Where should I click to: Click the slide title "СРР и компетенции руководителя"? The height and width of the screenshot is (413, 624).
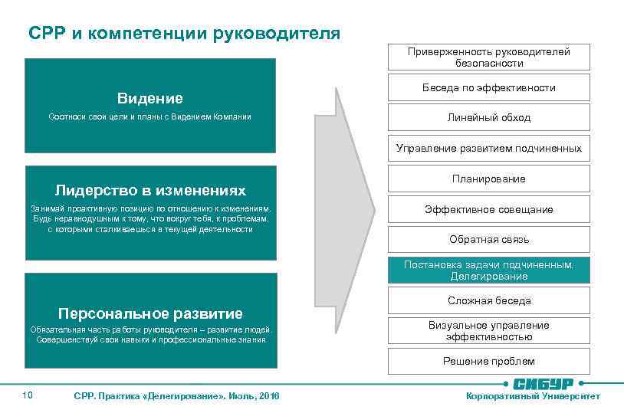[x=184, y=33]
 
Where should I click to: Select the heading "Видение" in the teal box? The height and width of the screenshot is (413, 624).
[x=150, y=98]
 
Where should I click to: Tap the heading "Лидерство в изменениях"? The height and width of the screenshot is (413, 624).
[x=150, y=189]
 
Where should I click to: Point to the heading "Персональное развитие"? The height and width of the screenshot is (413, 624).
[x=150, y=313]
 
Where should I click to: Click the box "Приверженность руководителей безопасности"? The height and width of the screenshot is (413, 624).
[x=488, y=57]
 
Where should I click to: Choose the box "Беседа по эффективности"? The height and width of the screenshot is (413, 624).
[x=488, y=87]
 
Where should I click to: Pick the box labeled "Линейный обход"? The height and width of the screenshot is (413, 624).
[x=488, y=117]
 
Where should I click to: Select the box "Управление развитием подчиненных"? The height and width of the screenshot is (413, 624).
[x=488, y=148]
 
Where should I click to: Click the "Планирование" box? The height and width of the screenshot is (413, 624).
[x=488, y=179]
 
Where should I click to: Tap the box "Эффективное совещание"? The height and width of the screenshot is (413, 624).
[x=488, y=209]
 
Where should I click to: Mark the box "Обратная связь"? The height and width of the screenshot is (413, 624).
[x=488, y=239]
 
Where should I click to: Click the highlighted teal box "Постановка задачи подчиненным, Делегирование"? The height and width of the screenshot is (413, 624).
[x=488, y=270]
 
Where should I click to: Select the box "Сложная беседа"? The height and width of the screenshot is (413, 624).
[x=488, y=300]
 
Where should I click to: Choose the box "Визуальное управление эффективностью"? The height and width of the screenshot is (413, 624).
[x=488, y=331]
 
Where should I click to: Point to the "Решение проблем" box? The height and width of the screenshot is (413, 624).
[x=488, y=361]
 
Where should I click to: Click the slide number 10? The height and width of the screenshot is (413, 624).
[x=28, y=395]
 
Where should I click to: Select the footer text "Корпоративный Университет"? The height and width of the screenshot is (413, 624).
[x=534, y=396]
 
